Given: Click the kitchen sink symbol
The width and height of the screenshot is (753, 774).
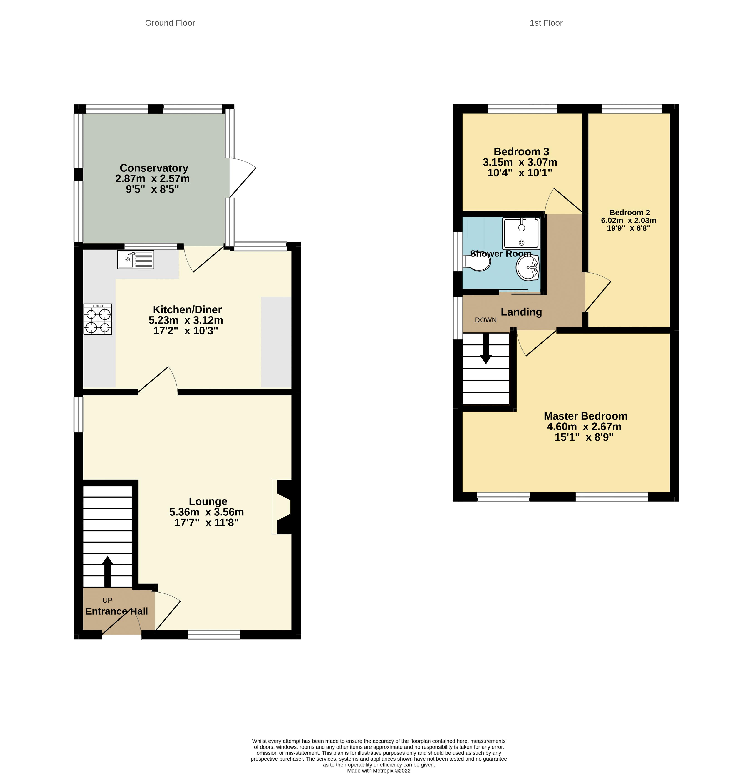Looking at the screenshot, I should [135, 260].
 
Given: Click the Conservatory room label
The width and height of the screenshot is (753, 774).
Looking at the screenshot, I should [154, 168].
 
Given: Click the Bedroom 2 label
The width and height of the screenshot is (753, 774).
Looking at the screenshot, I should [630, 213].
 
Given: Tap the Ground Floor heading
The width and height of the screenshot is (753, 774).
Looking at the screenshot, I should [170, 23].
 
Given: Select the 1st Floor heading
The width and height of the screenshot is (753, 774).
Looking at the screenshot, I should [546, 23].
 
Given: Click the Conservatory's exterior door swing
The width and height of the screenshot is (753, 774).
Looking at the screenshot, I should [242, 177].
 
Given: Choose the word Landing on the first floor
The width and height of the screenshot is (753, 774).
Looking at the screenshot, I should [521, 312].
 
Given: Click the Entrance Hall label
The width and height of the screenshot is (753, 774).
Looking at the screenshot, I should [117, 611].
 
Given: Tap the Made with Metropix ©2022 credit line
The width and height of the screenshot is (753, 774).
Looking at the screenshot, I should [379, 771].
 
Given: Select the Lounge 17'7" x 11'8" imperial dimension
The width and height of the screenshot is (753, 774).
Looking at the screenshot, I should [206, 523].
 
